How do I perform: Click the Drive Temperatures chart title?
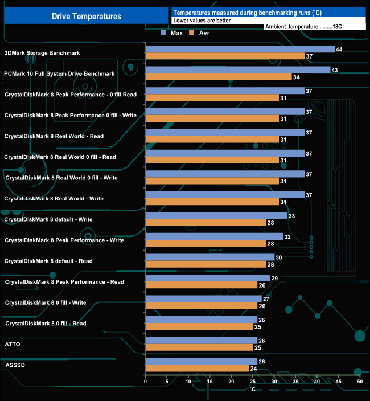(87, 17)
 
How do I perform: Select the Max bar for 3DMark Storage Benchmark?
(240, 49)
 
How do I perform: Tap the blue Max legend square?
(163, 33)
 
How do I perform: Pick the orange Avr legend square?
(192, 33)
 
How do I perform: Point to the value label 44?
(339, 50)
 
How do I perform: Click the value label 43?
(335, 70)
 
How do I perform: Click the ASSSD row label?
(14, 365)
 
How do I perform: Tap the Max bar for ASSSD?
(201, 361)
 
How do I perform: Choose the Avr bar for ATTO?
(199, 347)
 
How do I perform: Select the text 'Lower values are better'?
(202, 20)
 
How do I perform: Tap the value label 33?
(292, 216)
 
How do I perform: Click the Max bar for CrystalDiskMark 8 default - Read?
(210, 257)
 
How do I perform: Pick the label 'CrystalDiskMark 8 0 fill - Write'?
(46, 302)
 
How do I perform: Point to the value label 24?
(253, 369)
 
